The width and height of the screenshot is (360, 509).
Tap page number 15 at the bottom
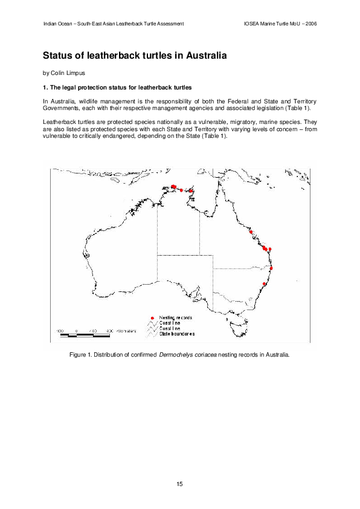coord(179,484)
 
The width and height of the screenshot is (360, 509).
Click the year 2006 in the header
coord(310,24)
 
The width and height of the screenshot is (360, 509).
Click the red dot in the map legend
coord(153,317)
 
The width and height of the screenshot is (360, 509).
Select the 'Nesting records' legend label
coord(176,317)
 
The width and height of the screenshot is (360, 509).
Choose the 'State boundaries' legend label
coord(177,334)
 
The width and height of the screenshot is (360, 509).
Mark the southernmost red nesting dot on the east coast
coord(265,284)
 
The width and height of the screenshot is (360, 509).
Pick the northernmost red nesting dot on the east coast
coord(251,232)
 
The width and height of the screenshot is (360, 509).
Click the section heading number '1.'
coord(45,89)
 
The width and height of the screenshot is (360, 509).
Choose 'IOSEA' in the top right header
coord(251,24)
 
